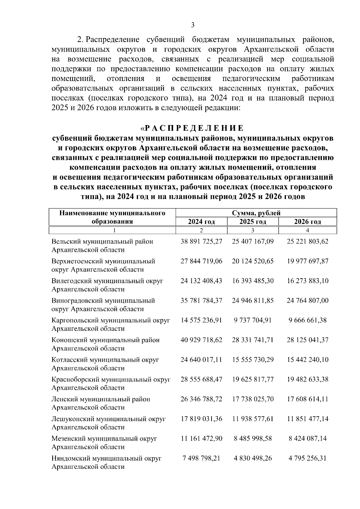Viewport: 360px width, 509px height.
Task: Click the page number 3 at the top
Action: [x=193, y=25]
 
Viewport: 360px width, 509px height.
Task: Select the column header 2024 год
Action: [x=201, y=222]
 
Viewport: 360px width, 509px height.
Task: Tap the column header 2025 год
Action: [x=253, y=222]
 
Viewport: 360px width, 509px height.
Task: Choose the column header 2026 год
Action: [x=307, y=222]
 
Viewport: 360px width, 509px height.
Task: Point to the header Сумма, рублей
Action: [x=256, y=213]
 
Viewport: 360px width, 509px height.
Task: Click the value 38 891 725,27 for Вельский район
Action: [x=201, y=241]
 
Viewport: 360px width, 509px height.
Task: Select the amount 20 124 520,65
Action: [x=253, y=261]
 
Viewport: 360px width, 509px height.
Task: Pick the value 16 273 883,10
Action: [x=307, y=281]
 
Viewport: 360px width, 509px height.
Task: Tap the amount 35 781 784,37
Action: [x=201, y=301]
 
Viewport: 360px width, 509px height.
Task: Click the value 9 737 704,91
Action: [x=253, y=320]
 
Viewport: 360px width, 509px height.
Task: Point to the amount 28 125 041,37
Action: [x=307, y=340]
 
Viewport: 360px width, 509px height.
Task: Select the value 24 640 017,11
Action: [x=201, y=360]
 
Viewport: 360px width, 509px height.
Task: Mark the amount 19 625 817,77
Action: [x=253, y=379]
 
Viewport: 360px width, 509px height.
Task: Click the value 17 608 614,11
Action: [x=307, y=399]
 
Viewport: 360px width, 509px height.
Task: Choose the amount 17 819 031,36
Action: [x=201, y=419]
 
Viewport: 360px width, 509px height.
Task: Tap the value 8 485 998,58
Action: [x=253, y=439]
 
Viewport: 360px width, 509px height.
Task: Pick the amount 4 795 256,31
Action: [x=307, y=458]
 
